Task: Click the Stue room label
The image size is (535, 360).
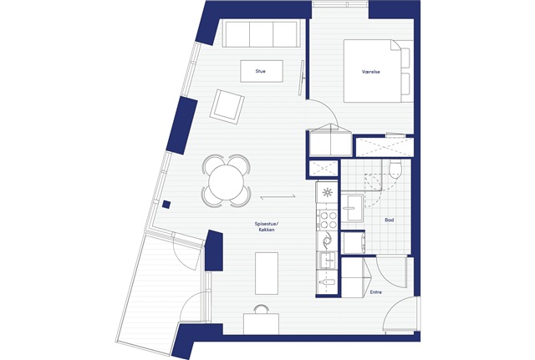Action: pyautogui.click(x=260, y=71)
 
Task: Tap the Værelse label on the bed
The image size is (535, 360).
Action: pyautogui.click(x=371, y=72)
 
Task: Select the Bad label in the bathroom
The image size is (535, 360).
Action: pyautogui.click(x=390, y=221)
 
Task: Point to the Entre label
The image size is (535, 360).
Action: pyautogui.click(x=376, y=292)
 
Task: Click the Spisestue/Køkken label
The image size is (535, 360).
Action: pyautogui.click(x=267, y=226)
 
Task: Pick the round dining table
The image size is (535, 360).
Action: pyautogui.click(x=227, y=181)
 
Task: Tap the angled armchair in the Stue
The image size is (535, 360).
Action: pyautogui.click(x=227, y=107)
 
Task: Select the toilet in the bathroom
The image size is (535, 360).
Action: pyautogui.click(x=395, y=170)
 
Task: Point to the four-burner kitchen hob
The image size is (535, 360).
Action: pyautogui.click(x=328, y=220)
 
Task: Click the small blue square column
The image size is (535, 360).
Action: pyautogui.click(x=166, y=205)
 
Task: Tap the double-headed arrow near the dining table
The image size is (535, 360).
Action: pyautogui.click(x=278, y=197)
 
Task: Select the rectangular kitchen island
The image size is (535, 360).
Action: pyautogui.click(x=267, y=273)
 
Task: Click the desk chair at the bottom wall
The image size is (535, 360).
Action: pyautogui.click(x=262, y=308)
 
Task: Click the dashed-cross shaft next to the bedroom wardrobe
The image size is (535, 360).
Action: pyautogui.click(x=385, y=147)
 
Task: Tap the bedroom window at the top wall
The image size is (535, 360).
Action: pyautogui.click(x=340, y=4)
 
